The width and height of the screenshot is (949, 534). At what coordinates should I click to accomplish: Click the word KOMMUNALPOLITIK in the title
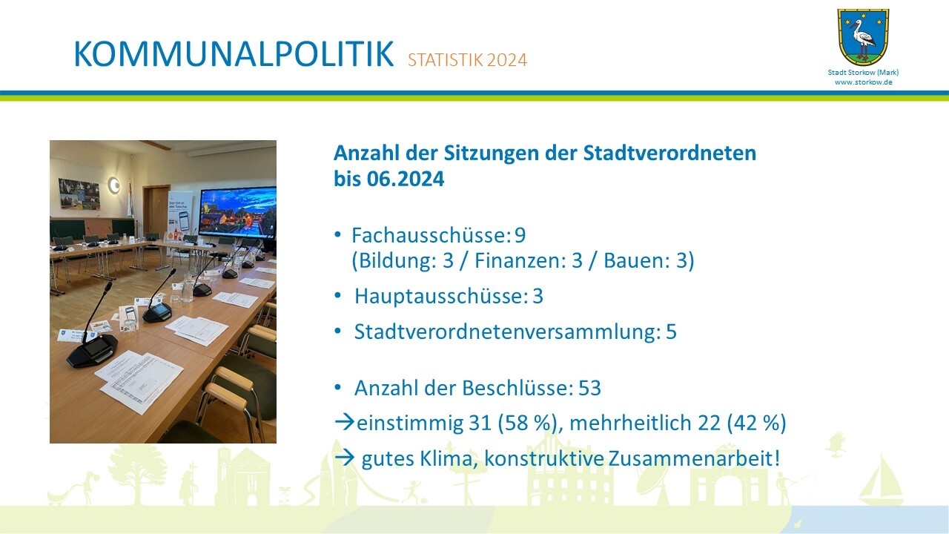click(233, 55)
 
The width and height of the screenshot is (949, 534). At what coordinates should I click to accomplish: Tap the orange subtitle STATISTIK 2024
click(467, 60)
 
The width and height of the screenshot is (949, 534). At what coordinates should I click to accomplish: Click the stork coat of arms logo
click(863, 37)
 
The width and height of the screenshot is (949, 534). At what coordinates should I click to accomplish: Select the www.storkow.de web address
click(863, 82)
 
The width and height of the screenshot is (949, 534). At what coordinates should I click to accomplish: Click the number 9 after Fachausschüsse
click(520, 236)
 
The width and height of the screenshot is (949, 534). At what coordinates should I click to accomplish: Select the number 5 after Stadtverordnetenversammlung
click(671, 332)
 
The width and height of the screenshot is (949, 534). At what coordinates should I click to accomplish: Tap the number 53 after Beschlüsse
click(589, 388)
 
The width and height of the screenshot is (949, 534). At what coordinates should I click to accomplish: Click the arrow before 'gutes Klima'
click(345, 458)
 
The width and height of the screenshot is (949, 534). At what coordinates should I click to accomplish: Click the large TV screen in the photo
click(237, 212)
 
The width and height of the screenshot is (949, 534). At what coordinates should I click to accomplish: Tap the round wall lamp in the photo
click(113, 185)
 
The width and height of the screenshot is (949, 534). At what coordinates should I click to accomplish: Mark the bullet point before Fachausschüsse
click(337, 235)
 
